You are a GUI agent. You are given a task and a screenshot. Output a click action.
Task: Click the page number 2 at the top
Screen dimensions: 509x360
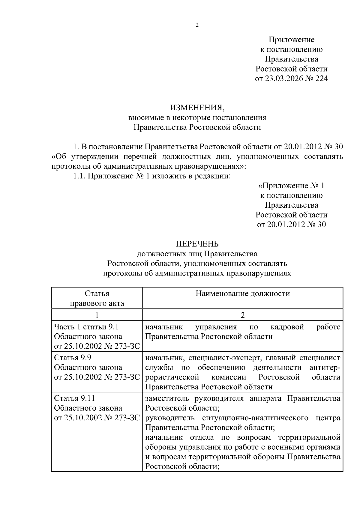point(197,25)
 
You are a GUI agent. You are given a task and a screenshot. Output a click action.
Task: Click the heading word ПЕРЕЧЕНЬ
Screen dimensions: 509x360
point(197,244)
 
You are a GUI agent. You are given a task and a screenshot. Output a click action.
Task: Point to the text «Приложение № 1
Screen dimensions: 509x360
point(291,186)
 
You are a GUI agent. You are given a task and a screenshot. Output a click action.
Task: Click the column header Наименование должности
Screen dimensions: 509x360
point(243,293)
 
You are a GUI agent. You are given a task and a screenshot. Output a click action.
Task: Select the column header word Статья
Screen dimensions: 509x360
point(97,293)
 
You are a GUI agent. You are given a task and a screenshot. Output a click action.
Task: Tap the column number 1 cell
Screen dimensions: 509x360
point(97,315)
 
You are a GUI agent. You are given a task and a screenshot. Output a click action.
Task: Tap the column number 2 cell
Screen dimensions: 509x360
point(243,315)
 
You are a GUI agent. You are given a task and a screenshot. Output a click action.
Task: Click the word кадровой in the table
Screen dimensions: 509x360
point(287,327)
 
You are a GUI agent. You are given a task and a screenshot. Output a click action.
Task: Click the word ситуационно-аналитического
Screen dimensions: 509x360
point(255,418)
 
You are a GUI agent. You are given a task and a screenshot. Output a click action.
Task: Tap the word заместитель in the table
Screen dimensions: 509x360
point(167,398)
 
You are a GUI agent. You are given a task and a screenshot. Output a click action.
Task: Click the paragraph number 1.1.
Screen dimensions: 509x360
point(79,176)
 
